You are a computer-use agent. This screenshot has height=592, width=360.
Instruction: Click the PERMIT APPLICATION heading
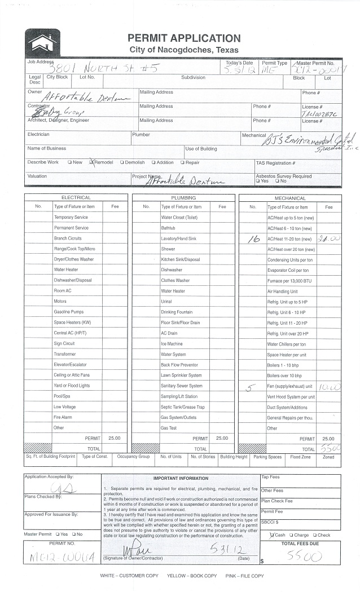coord(184,38)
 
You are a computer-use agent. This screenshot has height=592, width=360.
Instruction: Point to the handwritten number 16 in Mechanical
coord(253,240)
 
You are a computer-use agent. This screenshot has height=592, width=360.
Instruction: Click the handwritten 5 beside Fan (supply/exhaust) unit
coord(252,387)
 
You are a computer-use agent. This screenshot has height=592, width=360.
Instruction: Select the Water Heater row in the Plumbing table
coord(173,291)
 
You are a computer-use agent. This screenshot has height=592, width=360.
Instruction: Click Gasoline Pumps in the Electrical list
coord(68,312)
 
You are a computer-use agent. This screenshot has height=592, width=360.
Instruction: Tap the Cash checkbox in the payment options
coord(272,534)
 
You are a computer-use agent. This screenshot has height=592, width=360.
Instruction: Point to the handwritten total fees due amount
coord(305,556)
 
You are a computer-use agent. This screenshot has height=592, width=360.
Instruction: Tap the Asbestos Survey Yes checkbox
coord(257,181)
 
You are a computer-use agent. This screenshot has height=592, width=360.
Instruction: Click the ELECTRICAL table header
coord(76,198)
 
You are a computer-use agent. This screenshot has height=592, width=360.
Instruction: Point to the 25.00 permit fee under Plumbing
coord(222,438)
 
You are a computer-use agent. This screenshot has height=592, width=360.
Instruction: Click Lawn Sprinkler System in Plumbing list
coord(181,375)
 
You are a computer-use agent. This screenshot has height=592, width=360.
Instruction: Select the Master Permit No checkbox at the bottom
coord(73,534)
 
